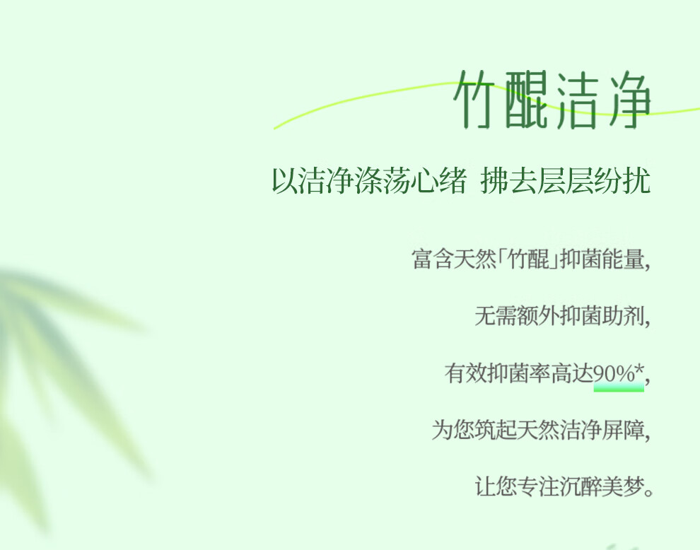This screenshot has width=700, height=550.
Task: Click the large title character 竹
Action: [475, 99]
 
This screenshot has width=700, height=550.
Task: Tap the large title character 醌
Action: [527, 99]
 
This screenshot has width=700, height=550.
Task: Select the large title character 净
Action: [629, 99]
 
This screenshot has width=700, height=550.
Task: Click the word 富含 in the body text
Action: [433, 259]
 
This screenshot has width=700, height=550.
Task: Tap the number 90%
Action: [614, 373]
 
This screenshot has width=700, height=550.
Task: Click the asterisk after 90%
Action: [639, 370]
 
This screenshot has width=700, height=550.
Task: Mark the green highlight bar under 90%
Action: [619, 387]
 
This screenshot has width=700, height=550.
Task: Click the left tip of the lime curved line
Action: [274, 129]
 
